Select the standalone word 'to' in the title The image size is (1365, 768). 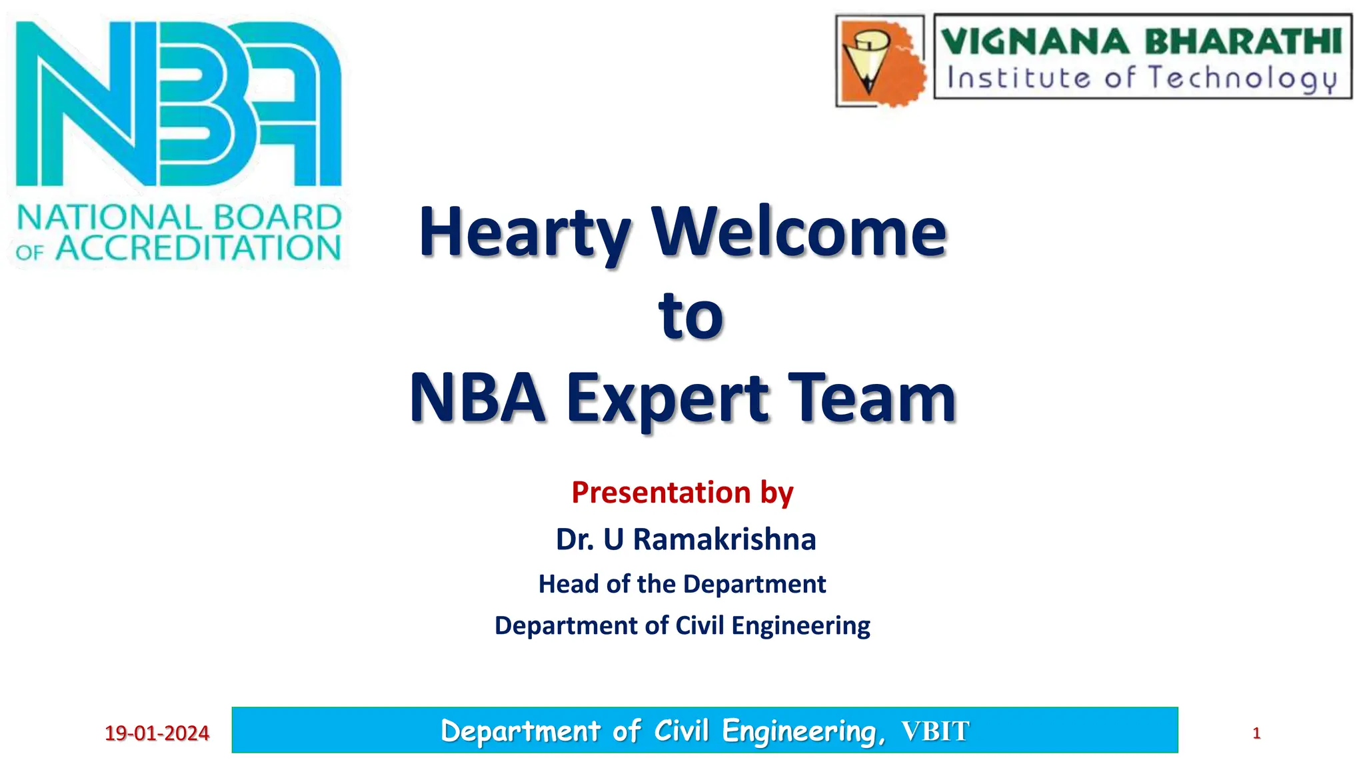coord(690,316)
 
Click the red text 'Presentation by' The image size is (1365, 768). coord(682,493)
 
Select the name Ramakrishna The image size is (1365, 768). coord(724,539)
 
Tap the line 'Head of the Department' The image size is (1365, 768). coord(682,584)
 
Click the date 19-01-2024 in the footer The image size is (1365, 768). coord(157,733)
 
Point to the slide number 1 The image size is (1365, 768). coord(1256,733)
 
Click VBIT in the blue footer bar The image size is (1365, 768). coord(935,731)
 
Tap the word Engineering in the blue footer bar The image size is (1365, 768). coord(803,731)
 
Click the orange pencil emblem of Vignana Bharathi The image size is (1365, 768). coord(880,61)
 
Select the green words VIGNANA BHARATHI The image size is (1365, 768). coord(1141,41)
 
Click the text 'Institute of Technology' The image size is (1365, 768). coord(1141,78)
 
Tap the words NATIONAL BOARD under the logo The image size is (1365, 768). coord(179,218)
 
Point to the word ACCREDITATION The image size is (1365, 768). coord(198,249)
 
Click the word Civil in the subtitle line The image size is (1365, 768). coord(700,626)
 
